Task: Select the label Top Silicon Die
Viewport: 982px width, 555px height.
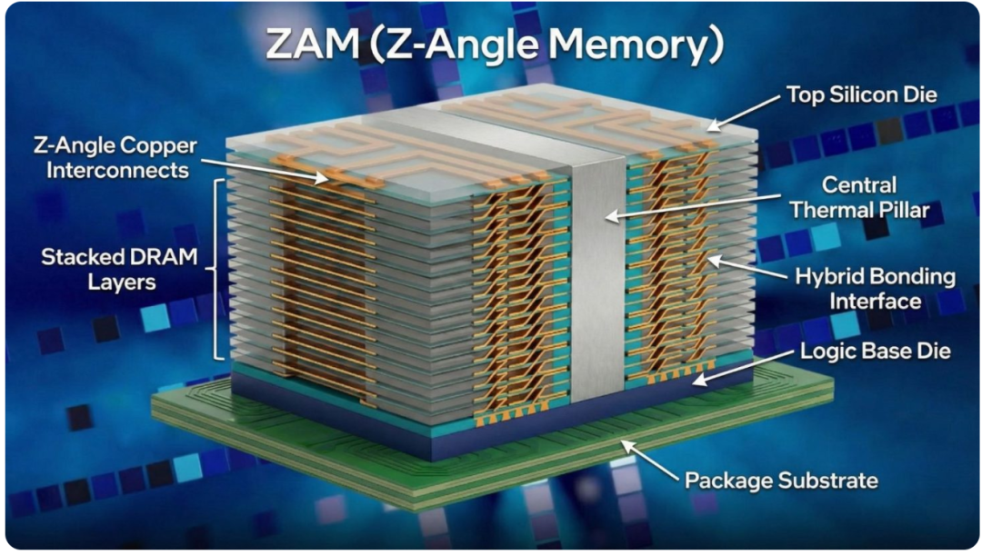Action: pyautogui.click(x=862, y=94)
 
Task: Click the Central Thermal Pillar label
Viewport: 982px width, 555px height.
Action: pyautogui.click(x=859, y=197)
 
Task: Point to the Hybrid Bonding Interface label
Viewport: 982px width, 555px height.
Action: pyautogui.click(x=875, y=289)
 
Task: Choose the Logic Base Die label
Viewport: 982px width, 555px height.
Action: pyautogui.click(x=875, y=351)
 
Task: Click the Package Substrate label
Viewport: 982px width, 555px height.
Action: pyautogui.click(x=781, y=480)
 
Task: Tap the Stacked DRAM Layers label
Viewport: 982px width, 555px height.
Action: pyautogui.click(x=120, y=269)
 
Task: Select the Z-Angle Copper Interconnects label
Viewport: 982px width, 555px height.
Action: pyautogui.click(x=115, y=157)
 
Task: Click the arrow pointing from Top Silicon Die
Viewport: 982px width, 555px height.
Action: pyautogui.click(x=744, y=114)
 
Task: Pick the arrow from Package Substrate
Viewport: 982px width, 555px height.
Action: pyautogui.click(x=649, y=461)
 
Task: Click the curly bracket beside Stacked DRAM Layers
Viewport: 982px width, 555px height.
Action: pyautogui.click(x=215, y=270)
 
